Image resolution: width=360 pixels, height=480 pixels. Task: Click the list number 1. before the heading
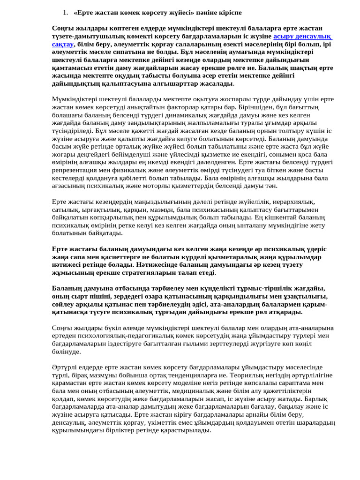[65, 12]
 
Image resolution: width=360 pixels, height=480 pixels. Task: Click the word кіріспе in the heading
[229, 12]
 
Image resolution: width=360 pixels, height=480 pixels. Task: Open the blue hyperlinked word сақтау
[63, 45]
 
